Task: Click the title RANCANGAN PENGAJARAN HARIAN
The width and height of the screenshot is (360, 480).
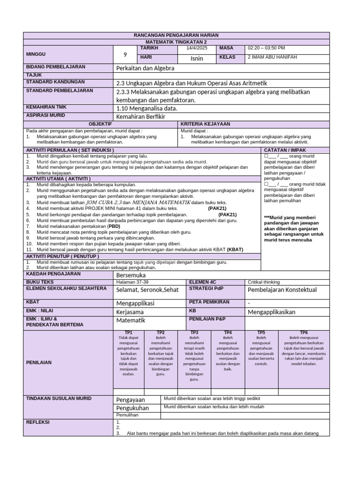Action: [176, 35]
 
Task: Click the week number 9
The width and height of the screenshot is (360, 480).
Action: [125, 54]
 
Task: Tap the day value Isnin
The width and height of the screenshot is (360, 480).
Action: [197, 59]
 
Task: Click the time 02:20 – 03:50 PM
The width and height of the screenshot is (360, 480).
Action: [266, 48]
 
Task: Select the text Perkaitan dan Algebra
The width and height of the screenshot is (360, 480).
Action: [145, 68]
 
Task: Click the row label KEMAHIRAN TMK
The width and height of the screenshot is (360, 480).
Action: [45, 107]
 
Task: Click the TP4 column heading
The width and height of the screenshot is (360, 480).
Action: [228, 332]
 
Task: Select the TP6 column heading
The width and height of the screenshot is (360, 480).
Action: [304, 332]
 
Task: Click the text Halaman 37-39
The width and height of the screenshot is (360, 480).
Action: [132, 282]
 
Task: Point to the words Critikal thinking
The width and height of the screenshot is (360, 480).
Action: [263, 282]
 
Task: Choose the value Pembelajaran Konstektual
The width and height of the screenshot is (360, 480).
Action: [282, 290]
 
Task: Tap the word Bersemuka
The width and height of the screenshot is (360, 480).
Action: [131, 275]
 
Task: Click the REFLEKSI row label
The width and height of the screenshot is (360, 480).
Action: [38, 422]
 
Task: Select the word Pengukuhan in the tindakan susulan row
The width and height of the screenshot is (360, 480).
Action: [132, 408]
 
